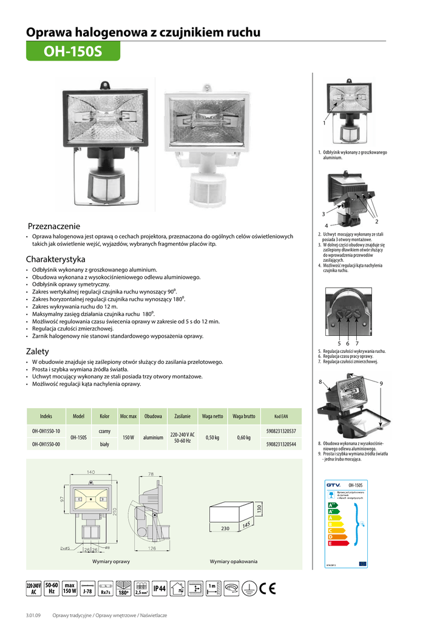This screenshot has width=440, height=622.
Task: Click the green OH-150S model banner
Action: click(73, 52)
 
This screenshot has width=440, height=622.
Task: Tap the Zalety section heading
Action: click(38, 352)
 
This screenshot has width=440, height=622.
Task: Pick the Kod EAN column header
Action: click(281, 417)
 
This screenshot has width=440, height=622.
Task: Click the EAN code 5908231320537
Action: click(281, 431)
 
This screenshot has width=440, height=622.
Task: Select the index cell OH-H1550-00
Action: click(46, 444)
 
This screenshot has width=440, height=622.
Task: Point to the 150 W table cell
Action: click(128, 437)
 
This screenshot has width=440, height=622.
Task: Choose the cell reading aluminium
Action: click(154, 437)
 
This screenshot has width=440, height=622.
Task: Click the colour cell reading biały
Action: click(104, 444)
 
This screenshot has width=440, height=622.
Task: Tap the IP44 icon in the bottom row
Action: click(160, 588)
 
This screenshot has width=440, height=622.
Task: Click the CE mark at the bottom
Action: click(267, 588)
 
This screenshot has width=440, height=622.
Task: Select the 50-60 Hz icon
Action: click(51, 588)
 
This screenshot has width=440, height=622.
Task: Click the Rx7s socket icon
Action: click(106, 589)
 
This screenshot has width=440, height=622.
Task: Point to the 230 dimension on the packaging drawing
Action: click(225, 528)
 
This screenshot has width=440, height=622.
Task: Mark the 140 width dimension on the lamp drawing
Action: click(90, 472)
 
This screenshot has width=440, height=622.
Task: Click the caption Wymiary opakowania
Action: click(234, 561)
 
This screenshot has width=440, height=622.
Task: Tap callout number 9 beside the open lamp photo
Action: click(381, 383)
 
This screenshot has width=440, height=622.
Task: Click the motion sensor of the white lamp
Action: click(207, 194)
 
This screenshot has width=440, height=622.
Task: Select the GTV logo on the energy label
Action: click(334, 484)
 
